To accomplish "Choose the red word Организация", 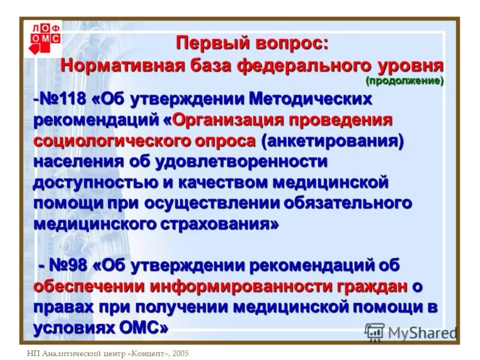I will coord(230,119).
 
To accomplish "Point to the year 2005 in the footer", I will coord(178,353).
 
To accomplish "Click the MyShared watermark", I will coord(411,332).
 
